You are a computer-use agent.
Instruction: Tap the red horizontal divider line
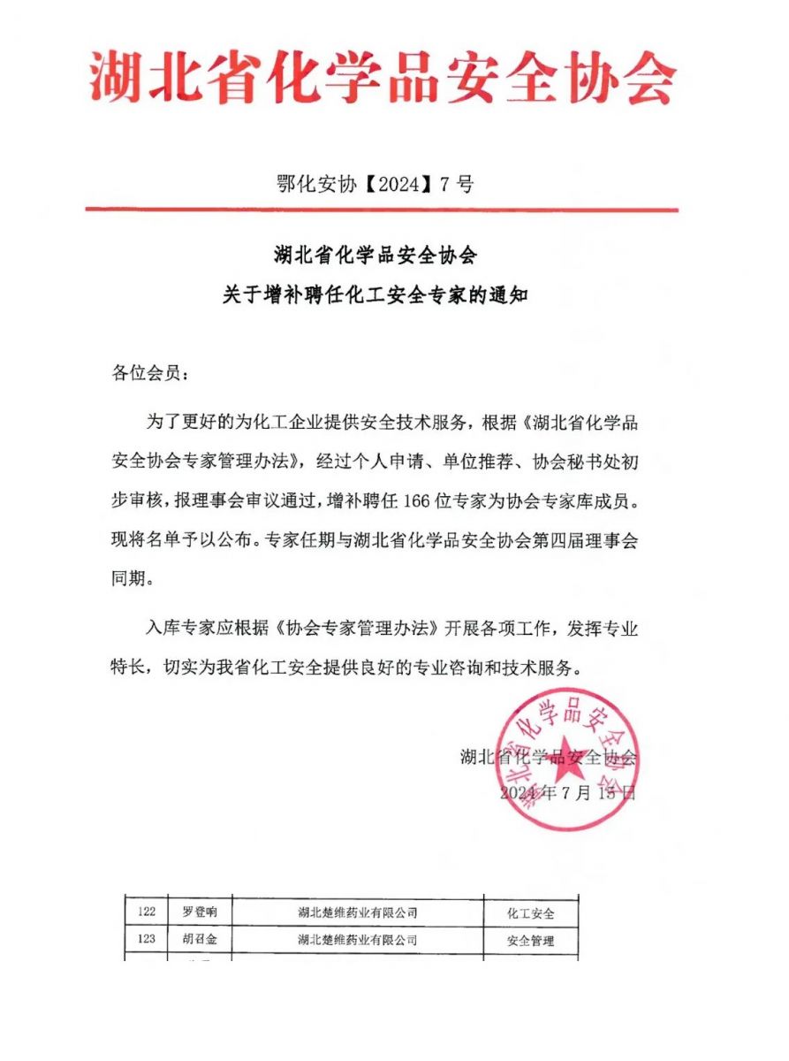click(x=382, y=210)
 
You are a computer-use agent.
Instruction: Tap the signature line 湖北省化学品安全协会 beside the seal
click(x=548, y=757)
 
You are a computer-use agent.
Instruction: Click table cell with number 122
click(x=147, y=912)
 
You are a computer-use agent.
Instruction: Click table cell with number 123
click(x=147, y=940)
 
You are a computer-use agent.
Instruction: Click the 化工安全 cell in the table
click(x=530, y=912)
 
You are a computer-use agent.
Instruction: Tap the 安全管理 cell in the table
click(x=530, y=941)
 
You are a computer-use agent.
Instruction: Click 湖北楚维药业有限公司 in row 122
click(x=357, y=912)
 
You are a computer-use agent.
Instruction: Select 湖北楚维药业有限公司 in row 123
click(x=357, y=940)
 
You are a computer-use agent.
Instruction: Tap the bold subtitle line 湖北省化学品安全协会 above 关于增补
click(x=375, y=256)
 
